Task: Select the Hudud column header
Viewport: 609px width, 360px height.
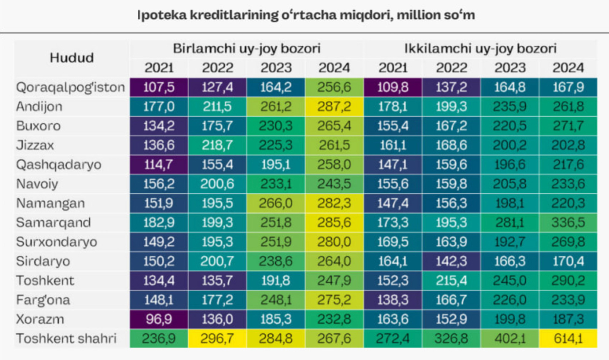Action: [71, 58]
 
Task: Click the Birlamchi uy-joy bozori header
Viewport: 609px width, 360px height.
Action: [246, 48]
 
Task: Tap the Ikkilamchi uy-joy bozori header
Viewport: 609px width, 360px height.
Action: [480, 48]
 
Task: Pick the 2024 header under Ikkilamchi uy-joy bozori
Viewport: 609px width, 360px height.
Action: [568, 68]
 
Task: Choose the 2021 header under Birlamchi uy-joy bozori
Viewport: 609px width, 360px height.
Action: [158, 68]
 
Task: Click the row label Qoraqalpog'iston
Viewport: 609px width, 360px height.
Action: [71, 87]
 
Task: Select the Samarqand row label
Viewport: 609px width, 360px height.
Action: [54, 223]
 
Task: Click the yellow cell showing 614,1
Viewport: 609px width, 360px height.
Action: [568, 339]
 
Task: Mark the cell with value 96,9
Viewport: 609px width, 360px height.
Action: [158, 320]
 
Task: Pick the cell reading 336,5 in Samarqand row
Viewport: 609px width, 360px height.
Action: [568, 223]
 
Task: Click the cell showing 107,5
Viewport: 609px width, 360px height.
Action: [158, 87]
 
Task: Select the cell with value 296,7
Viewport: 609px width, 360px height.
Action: [217, 339]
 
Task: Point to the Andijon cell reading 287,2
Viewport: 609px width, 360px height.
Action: [334, 107]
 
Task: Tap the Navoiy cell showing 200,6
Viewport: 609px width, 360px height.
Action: [217, 184]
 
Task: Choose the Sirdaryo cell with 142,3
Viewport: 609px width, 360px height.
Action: [451, 261]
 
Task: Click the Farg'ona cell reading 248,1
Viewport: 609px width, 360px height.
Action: [275, 300]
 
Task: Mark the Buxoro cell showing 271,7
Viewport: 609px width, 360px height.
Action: [568, 126]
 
